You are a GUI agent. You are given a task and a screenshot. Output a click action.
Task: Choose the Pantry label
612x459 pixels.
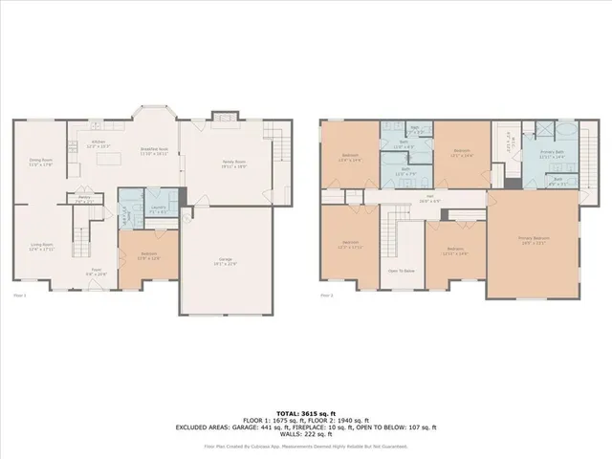click(84, 201)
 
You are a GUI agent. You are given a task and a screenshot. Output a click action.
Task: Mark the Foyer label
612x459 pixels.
click(96, 272)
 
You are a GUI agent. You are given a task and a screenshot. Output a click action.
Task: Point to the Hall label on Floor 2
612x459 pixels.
click(432, 199)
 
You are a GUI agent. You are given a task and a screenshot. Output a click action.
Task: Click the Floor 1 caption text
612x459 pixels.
click(20, 295)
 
